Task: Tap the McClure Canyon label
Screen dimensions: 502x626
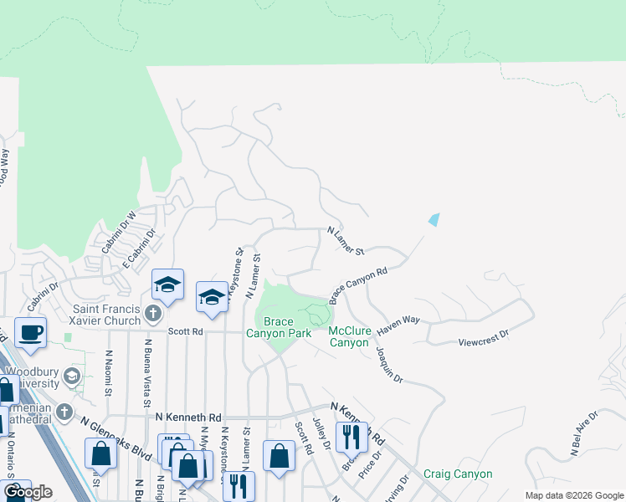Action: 349,337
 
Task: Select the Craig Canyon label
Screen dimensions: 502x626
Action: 457,474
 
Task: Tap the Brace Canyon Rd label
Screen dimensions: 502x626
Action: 358,284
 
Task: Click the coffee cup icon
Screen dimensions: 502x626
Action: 30,332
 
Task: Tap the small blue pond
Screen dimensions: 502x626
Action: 433,220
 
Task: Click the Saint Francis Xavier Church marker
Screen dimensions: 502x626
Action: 151,314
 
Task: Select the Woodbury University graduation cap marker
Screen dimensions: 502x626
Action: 73,375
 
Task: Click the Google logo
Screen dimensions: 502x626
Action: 27,492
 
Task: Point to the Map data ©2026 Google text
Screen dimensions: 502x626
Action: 574,495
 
